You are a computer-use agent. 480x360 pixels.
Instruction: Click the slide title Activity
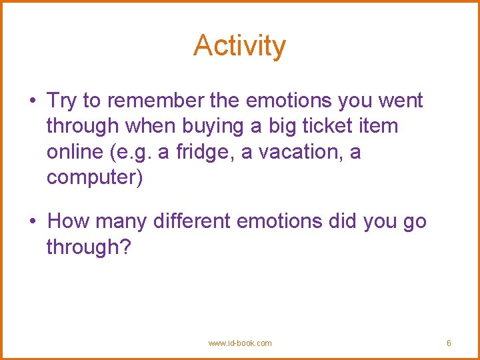tap(240, 46)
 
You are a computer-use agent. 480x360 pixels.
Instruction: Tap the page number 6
tap(449, 343)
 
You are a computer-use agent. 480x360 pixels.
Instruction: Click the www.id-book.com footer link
tap(240, 343)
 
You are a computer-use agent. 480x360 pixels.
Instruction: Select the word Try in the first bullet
tap(62, 101)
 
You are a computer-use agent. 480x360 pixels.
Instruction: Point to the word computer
tap(94, 178)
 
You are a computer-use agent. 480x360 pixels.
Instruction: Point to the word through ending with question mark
tap(91, 247)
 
